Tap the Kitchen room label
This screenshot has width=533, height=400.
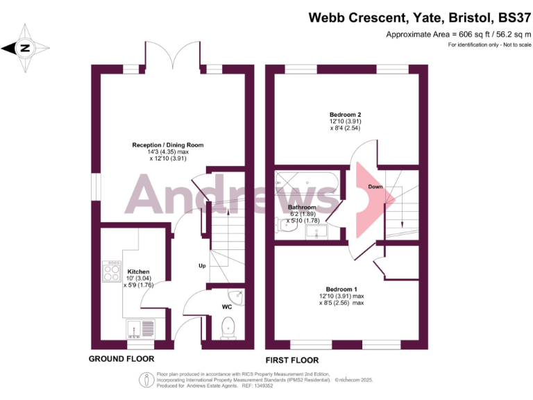click(x=138, y=272)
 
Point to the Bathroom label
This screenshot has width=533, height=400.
click(x=302, y=208)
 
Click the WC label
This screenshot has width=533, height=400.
click(x=227, y=306)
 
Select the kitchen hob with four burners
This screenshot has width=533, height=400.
click(x=112, y=270)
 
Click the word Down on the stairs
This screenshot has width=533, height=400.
click(x=375, y=187)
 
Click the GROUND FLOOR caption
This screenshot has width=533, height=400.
click(x=121, y=359)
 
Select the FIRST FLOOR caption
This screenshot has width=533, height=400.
click(x=292, y=360)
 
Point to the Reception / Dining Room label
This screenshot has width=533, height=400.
click(x=168, y=144)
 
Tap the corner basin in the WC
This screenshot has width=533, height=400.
click(x=237, y=297)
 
